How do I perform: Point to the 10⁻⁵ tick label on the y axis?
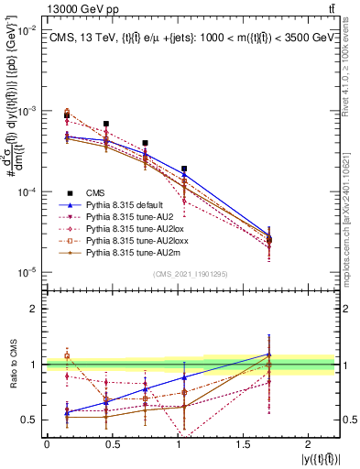coord(26,272)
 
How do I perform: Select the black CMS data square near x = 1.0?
coord(185,169)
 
